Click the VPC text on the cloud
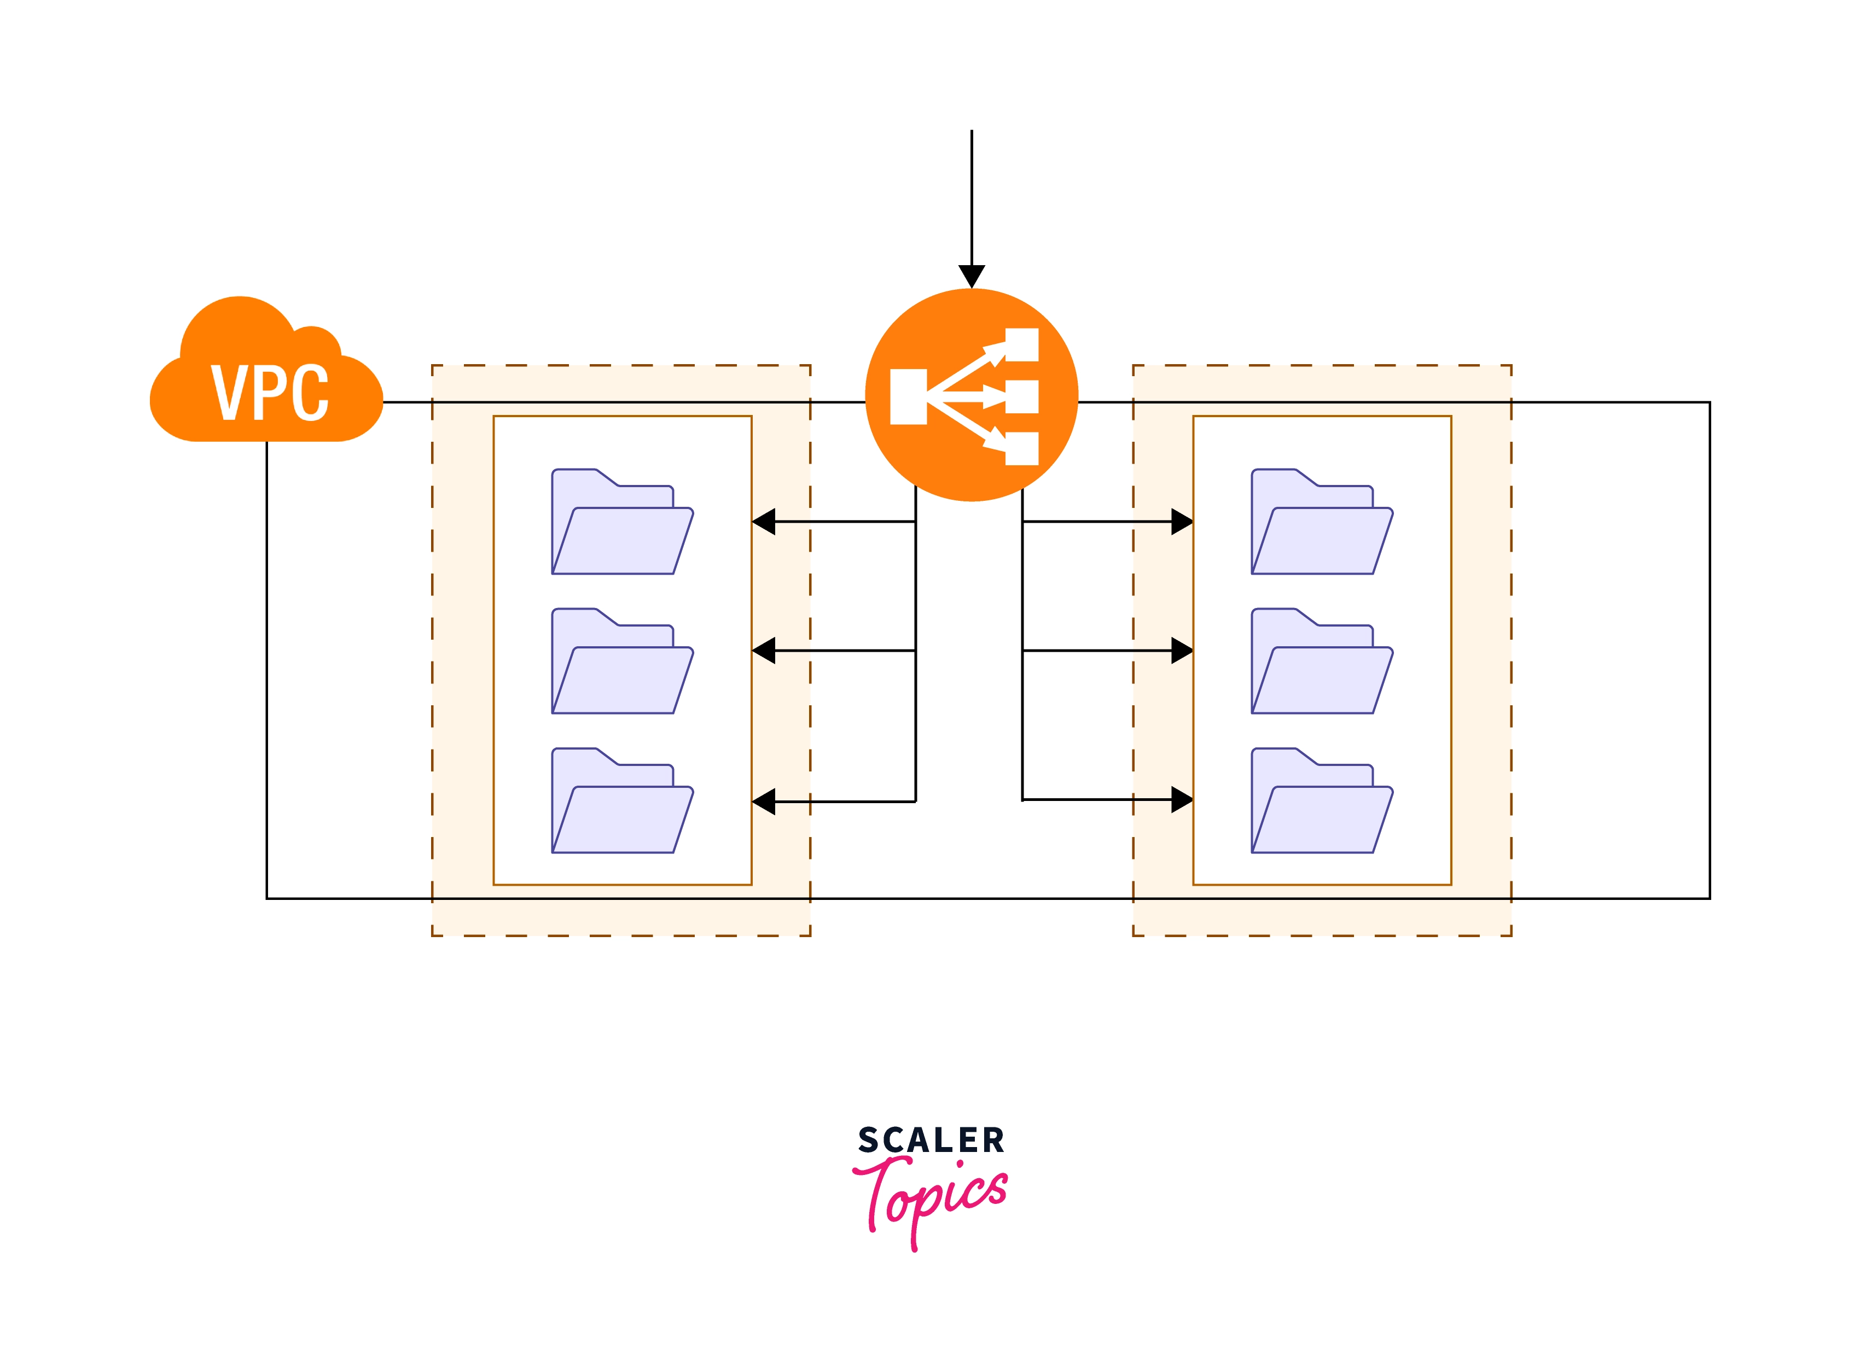pyautogui.click(x=270, y=392)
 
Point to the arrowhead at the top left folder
pyautogui.click(x=764, y=522)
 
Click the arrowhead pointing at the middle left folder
pyautogui.click(x=764, y=651)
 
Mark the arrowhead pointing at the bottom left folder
pyautogui.click(x=764, y=802)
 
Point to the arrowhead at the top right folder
pyautogui.click(x=1181, y=522)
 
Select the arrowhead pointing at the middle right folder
pyautogui.click(x=1181, y=651)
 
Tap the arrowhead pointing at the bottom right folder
pyautogui.click(x=1181, y=799)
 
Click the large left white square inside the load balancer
pyautogui.click(x=908, y=397)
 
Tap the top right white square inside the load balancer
pyautogui.click(x=1022, y=345)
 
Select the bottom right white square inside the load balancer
pyautogui.click(x=1022, y=448)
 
